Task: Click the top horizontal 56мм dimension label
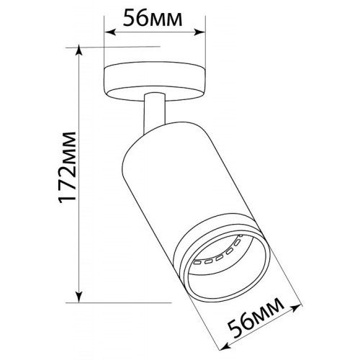tap(153, 18)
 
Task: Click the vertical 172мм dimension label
tap(68, 168)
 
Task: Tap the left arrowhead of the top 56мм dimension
tap(110, 32)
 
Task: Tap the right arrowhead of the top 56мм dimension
tap(199, 32)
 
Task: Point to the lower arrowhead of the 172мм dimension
tap(79, 297)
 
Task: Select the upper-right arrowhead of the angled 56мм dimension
tap(296, 308)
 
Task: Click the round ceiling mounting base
tap(155, 81)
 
